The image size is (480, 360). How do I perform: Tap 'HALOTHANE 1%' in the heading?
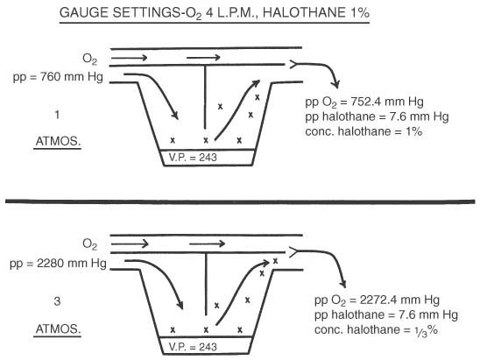click(316, 13)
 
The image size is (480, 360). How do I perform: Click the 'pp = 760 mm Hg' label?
click(58, 77)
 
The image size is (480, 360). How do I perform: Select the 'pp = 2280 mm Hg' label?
click(58, 264)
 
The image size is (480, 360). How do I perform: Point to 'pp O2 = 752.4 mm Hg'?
click(364, 102)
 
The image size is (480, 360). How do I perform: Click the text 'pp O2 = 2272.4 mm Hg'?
click(377, 300)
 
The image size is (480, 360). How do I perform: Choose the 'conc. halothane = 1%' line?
click(364, 131)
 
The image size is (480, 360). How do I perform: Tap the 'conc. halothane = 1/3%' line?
click(376, 330)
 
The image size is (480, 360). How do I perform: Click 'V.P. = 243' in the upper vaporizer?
click(193, 158)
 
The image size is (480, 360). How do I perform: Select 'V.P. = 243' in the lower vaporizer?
click(193, 347)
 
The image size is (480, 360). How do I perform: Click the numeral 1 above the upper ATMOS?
click(57, 115)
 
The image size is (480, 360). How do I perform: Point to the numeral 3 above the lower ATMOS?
click(57, 301)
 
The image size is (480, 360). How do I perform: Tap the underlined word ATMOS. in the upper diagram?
click(58, 141)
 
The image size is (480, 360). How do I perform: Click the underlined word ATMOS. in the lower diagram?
click(58, 329)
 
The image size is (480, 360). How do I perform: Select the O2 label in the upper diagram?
click(89, 59)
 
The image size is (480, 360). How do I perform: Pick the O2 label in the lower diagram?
click(89, 244)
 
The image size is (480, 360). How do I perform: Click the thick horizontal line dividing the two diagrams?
click(240, 201)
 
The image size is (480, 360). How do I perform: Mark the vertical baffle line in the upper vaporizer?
click(205, 97)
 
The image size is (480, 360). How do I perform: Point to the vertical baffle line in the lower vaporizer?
click(206, 284)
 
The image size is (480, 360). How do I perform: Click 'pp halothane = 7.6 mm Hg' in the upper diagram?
click(377, 116)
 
